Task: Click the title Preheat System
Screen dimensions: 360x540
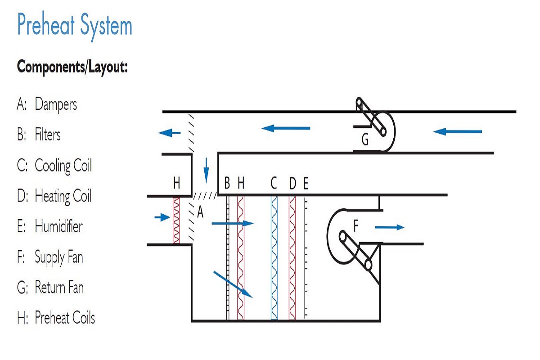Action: pos(75,26)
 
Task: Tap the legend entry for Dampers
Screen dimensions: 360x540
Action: pos(47,105)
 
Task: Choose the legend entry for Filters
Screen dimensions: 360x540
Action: pos(39,135)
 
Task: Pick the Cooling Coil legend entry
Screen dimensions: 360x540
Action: pos(54,166)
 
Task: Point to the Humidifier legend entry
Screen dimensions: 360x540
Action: pos(50,226)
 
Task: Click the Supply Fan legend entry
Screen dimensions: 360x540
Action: pos(50,257)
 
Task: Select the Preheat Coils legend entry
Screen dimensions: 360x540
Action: pos(56,318)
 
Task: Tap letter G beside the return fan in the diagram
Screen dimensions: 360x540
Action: pos(365,141)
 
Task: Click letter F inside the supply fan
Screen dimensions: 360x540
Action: pos(355,226)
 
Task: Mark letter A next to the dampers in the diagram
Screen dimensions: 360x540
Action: pos(200,212)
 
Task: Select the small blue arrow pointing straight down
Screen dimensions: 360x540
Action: pos(207,170)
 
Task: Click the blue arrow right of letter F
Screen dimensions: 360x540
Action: pos(390,227)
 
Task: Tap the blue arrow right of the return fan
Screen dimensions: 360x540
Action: pos(458,132)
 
